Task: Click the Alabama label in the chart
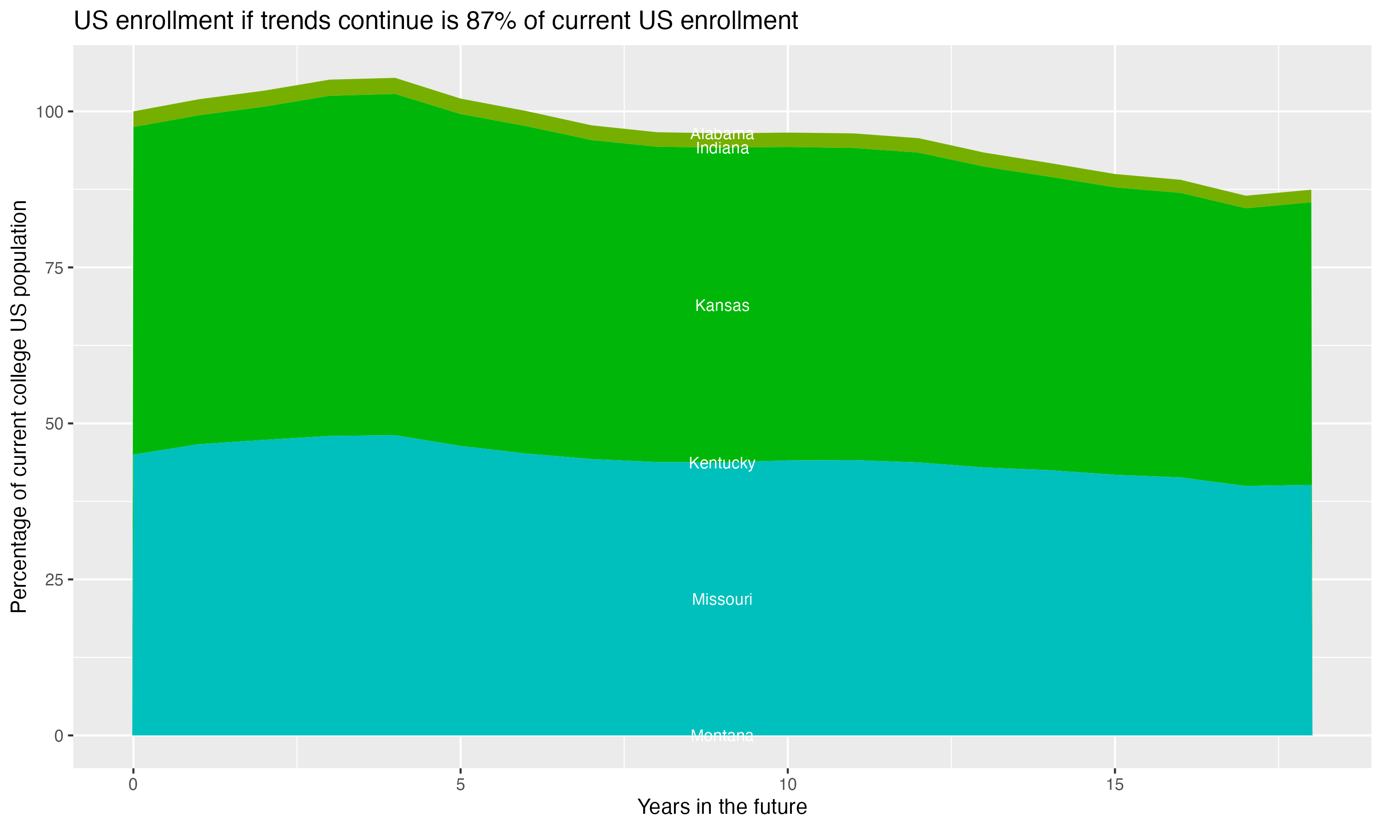[x=722, y=134]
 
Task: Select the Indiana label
[x=722, y=149]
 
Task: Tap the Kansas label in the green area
[x=722, y=305]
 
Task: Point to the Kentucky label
[x=722, y=463]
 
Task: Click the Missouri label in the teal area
[x=722, y=599]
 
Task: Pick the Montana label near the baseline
[x=722, y=736]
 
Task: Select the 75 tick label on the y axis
[x=53, y=268]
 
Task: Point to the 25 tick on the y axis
[x=53, y=580]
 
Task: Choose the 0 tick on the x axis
[x=133, y=785]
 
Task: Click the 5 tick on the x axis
[x=460, y=785]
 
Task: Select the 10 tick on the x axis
[x=787, y=785]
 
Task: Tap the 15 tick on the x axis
[x=1114, y=785]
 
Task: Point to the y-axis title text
[x=19, y=406]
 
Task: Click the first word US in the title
[x=88, y=21]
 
